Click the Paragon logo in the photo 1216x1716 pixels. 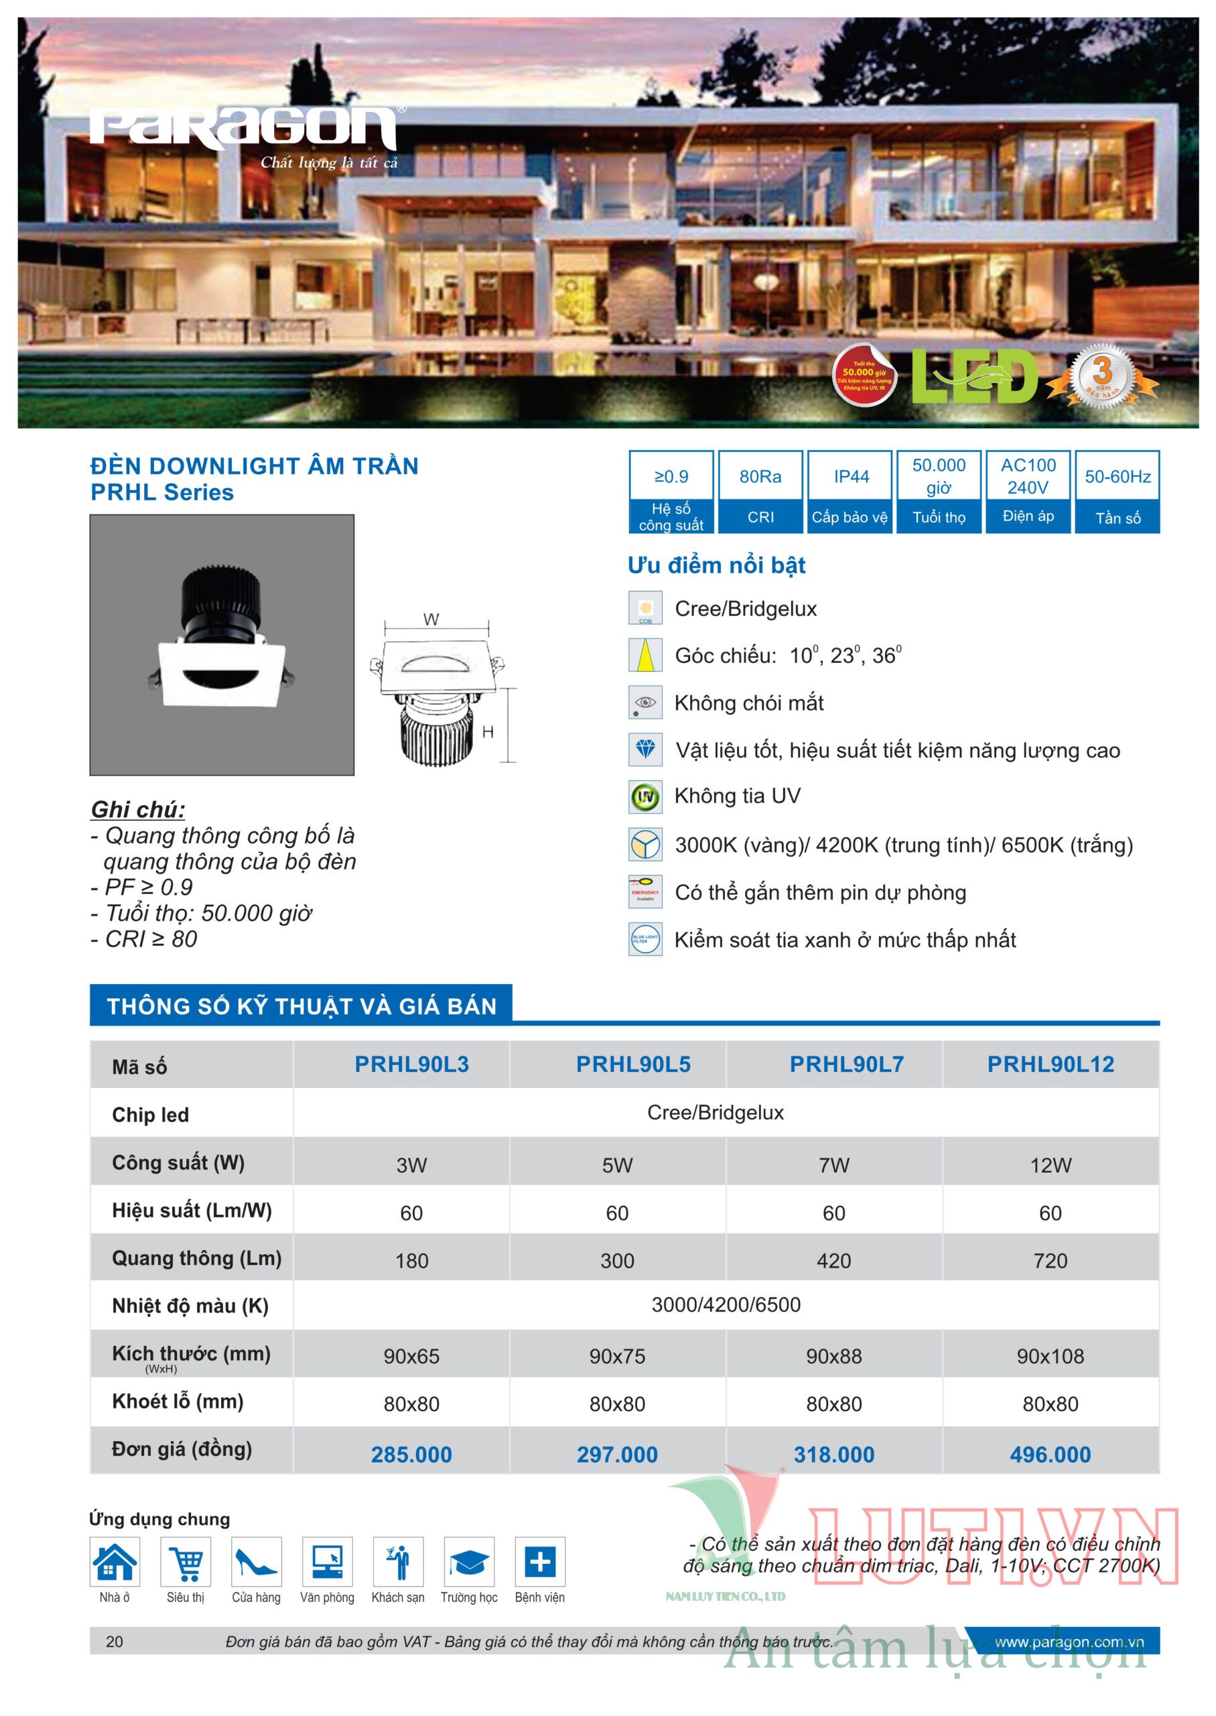244,127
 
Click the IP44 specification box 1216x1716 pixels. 851,491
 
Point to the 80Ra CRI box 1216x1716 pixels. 760,491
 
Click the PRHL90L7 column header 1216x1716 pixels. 846,1064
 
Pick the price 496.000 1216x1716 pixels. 1050,1454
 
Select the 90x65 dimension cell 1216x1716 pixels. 411,1356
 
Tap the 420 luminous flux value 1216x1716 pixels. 833,1261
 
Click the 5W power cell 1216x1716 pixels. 617,1165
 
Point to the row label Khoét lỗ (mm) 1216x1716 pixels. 178,1402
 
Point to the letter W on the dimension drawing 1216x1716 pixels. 431,619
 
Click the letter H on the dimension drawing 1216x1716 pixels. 488,732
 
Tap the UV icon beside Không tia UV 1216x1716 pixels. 645,797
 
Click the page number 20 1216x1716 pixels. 115,1641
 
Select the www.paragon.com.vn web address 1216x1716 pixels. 1069,1641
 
